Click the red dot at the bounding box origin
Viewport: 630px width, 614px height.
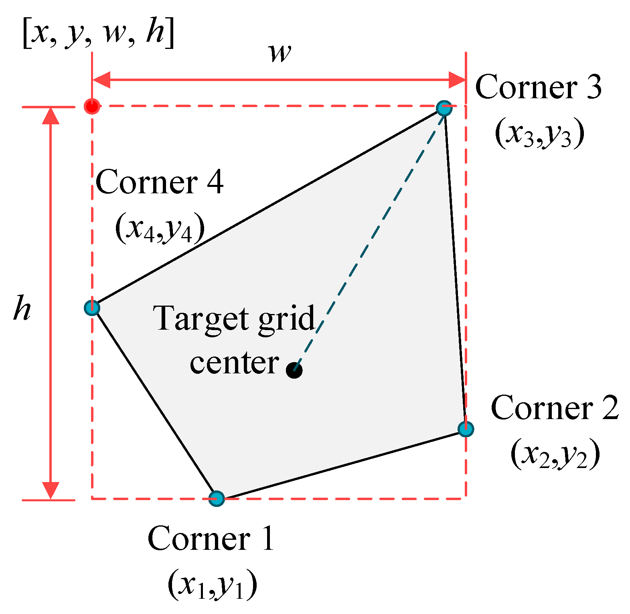click(x=92, y=106)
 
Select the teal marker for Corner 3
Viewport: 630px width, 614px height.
click(x=444, y=108)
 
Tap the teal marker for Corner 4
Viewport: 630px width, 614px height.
click(x=92, y=308)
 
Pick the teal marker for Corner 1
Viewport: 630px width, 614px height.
click(x=217, y=498)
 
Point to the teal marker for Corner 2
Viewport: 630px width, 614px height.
click(x=466, y=429)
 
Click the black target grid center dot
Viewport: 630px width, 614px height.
click(x=294, y=370)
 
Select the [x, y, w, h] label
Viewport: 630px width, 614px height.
click(x=98, y=33)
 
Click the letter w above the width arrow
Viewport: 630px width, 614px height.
click(x=280, y=53)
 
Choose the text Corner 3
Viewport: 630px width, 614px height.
click(x=538, y=87)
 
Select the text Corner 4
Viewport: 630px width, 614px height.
click(x=159, y=182)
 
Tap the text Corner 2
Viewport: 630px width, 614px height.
click(x=555, y=408)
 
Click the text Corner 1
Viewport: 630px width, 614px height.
click(x=211, y=539)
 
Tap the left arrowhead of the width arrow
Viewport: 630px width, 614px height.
click(x=101, y=80)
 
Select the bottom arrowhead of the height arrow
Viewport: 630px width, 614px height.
click(x=51, y=490)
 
